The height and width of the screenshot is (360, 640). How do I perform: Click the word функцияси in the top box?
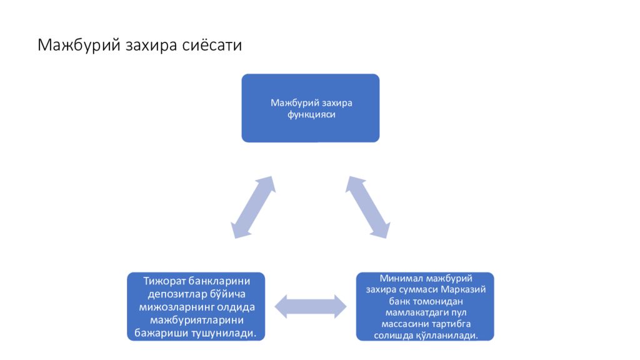311,115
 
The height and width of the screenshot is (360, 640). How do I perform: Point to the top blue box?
311,108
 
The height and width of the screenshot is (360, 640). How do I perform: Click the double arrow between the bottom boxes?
311,306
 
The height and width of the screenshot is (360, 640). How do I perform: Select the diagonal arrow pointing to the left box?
253,207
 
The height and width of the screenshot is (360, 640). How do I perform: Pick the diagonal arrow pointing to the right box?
367,207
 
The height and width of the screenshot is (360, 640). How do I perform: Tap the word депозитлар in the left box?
177,295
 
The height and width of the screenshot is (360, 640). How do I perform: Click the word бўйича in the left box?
227,295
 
